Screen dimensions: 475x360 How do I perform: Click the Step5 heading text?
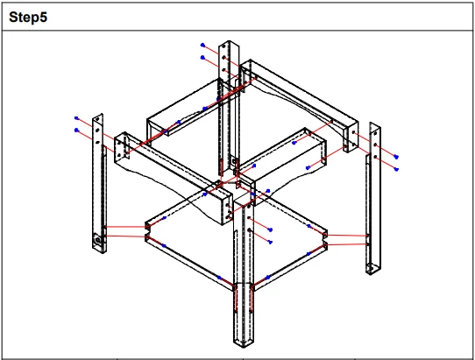28,17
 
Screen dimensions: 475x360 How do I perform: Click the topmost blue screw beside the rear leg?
202,46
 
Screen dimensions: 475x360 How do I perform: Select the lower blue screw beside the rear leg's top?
202,57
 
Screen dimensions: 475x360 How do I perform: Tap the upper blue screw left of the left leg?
76,118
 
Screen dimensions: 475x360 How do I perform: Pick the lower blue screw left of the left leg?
76,131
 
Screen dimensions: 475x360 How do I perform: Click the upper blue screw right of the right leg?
396,157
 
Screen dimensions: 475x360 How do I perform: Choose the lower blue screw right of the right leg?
396,169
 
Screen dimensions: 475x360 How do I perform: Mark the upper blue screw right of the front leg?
271,229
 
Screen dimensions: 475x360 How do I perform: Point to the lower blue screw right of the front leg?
271,242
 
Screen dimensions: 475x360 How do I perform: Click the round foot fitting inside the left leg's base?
98,240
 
